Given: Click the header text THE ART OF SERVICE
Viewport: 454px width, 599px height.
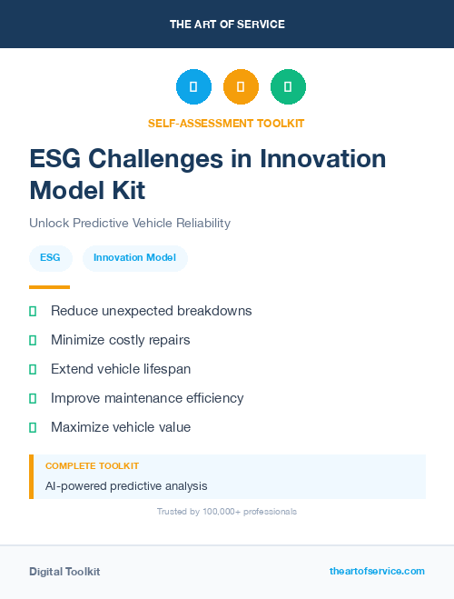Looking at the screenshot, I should [227, 25].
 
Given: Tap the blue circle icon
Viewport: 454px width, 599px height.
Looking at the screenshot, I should [193, 87].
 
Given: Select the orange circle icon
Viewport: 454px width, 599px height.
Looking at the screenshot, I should [241, 87].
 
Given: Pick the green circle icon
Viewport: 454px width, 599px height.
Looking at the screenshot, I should [288, 87].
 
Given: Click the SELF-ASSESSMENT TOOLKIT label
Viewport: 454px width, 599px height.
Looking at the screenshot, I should [226, 124].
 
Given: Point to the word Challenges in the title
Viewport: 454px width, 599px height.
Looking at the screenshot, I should [173, 159].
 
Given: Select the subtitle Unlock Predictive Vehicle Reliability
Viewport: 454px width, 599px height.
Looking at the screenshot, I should [130, 223].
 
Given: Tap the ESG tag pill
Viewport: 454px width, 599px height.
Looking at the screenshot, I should [51, 258].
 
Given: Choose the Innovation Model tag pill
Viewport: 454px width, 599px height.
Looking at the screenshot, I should [135, 258].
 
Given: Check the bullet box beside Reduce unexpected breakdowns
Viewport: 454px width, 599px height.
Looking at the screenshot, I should [33, 311].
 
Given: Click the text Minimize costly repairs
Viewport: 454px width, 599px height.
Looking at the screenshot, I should [121, 340].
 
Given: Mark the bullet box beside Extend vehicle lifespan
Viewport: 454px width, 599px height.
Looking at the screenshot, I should [33, 369].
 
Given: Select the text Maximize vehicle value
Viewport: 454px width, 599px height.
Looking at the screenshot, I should [121, 427].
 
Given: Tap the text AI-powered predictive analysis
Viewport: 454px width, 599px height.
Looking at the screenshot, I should [126, 486].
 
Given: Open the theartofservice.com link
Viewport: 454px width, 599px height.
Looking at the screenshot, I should [377, 571].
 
